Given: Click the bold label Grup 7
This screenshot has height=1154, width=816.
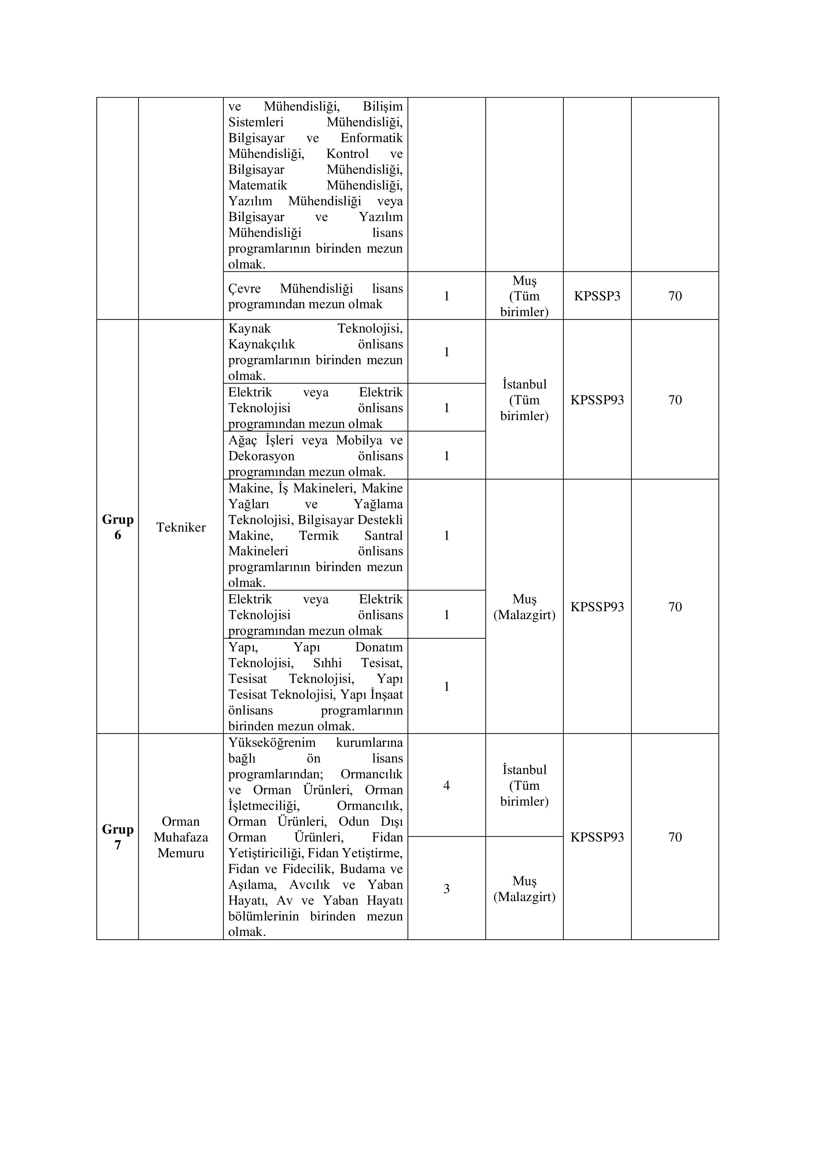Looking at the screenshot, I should [x=117, y=837].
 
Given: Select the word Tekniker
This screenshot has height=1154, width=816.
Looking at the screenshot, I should [x=181, y=527].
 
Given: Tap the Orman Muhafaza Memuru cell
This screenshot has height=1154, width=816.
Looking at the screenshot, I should [x=181, y=837].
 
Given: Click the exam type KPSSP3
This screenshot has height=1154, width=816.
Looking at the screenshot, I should [x=597, y=296].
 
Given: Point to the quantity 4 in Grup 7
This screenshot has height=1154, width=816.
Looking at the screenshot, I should [x=446, y=786].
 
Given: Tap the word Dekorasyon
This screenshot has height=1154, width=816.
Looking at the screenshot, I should [x=261, y=456].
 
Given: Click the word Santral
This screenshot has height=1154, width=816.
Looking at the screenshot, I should [x=383, y=536].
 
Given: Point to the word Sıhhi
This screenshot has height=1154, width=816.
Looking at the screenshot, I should [x=327, y=663].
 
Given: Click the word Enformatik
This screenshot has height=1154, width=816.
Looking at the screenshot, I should [x=371, y=138].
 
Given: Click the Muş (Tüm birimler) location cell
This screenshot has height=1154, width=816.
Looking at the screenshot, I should [x=524, y=296].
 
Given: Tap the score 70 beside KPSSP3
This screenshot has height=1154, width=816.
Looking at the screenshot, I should [x=675, y=296].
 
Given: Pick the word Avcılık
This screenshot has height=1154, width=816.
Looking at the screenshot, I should [x=309, y=885].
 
